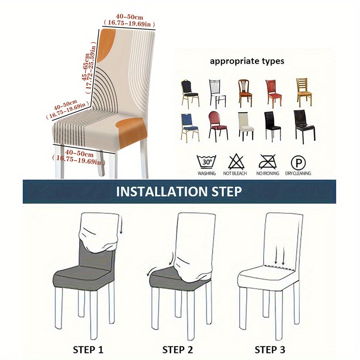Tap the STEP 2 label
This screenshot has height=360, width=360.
coord(177,350)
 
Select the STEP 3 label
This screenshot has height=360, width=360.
coord(270,350)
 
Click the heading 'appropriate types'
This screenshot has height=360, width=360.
coord(247,61)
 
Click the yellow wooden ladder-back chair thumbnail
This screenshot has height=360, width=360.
coord(304,92)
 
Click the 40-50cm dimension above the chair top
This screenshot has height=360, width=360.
coord(129,20)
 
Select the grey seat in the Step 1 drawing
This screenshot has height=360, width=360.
coord(81,275)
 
